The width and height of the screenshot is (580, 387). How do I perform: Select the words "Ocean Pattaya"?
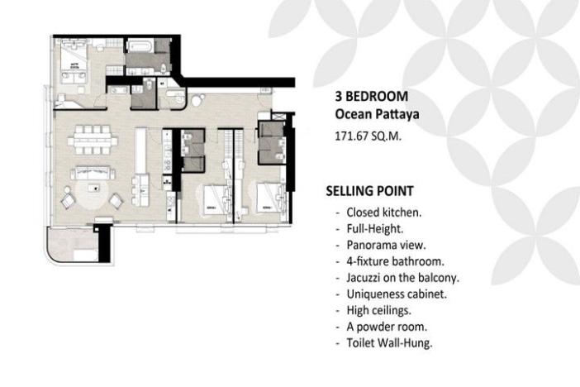click(x=371, y=112)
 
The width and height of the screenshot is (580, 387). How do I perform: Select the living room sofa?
click(x=93, y=174)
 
